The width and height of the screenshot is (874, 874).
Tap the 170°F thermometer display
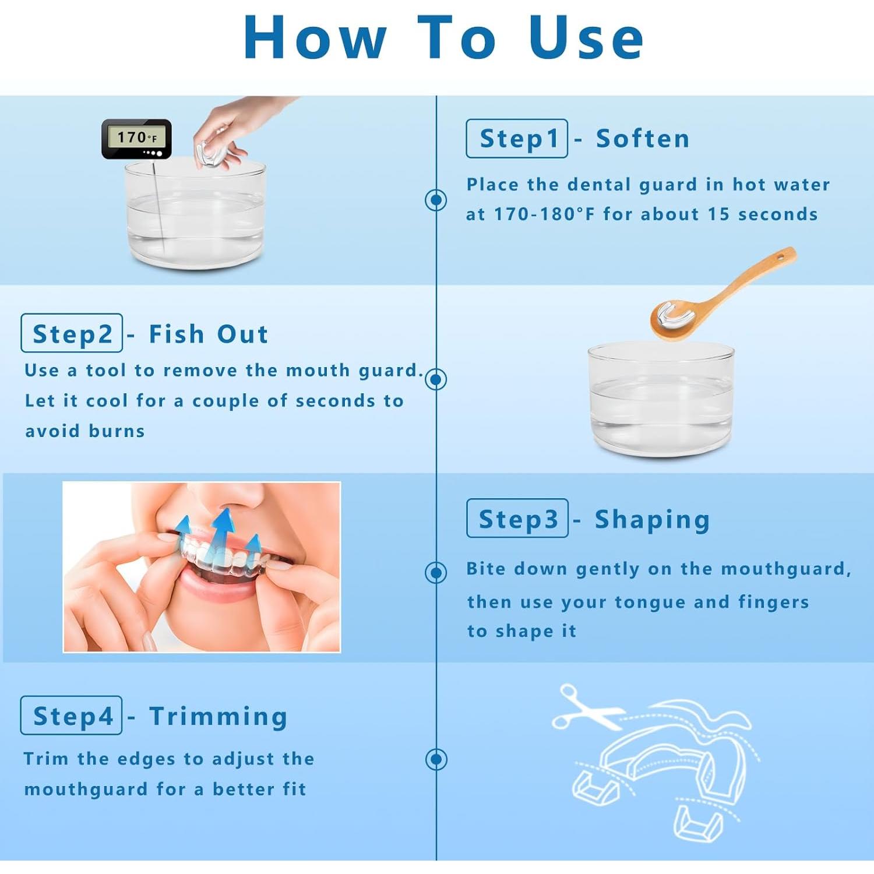point(137,139)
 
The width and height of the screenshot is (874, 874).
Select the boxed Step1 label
point(517,139)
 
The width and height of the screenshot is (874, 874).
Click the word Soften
point(643,139)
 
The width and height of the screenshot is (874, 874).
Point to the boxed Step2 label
point(72,333)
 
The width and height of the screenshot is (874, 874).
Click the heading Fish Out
point(209,334)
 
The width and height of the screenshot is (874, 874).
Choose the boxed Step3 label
point(517,518)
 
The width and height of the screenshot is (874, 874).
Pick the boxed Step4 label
point(72,716)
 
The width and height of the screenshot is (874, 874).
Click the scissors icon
point(586,707)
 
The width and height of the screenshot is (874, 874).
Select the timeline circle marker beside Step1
point(436,200)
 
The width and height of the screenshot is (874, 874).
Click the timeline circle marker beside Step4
point(436,759)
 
